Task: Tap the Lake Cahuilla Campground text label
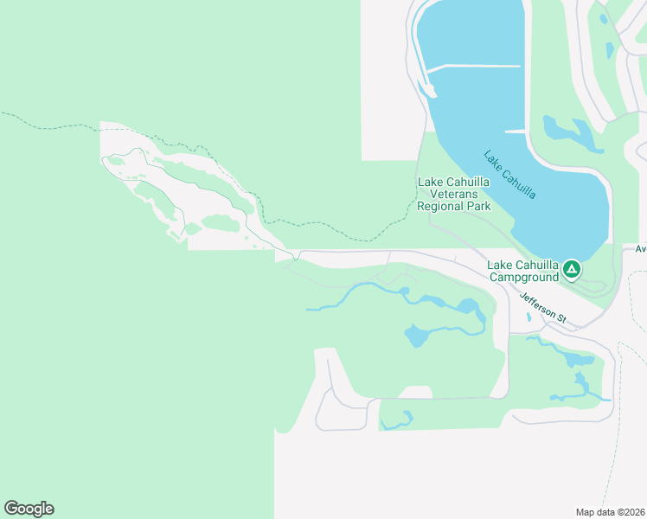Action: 522,271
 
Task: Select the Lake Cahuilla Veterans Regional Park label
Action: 453,194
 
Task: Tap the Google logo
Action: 29,509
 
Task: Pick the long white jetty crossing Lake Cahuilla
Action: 474,67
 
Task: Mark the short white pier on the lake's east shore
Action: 516,131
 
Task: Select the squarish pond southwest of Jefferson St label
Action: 416,335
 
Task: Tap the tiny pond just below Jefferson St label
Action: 528,317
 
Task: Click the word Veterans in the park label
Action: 454,195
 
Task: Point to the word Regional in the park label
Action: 441,207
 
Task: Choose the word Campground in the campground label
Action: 524,278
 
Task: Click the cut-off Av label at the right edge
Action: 641,249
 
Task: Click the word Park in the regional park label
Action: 478,207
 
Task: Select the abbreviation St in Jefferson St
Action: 560,319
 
